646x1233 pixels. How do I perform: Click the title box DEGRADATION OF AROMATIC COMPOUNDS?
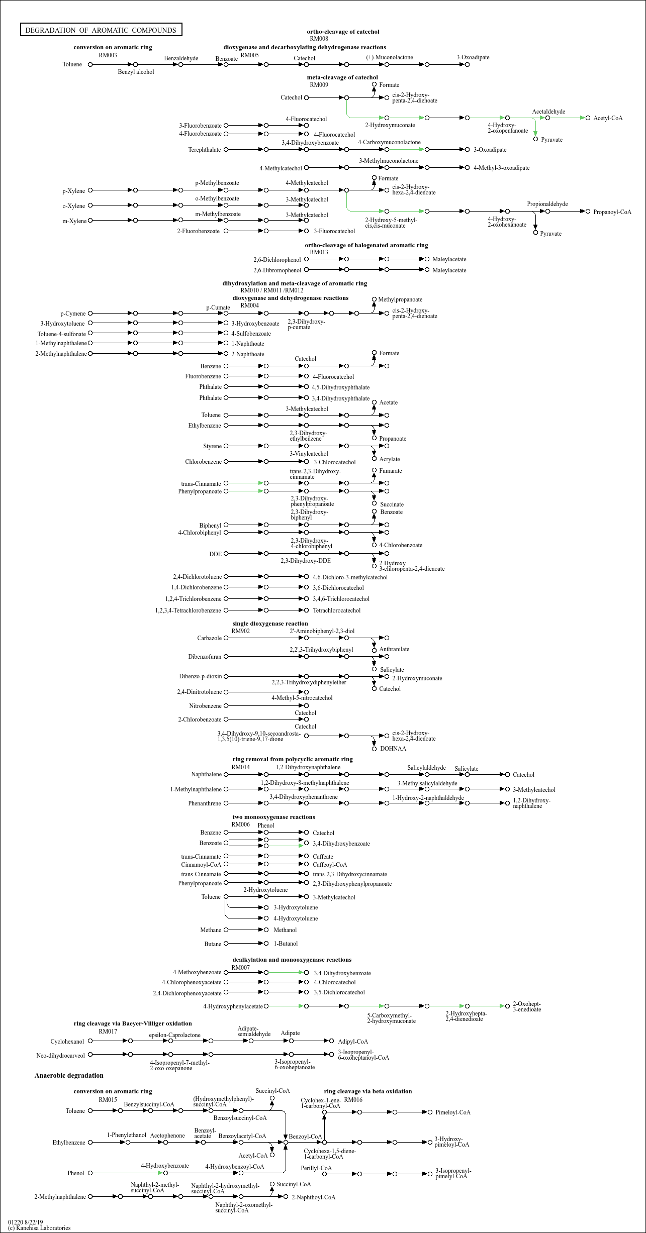101,30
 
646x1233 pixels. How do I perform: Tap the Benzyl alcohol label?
136,72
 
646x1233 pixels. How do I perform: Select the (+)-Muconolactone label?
389,57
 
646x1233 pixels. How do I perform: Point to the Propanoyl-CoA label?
612,212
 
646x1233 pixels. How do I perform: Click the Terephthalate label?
205,150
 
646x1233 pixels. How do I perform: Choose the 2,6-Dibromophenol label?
277,270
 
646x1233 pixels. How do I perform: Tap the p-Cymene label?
73,314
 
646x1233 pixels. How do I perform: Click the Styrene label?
212,446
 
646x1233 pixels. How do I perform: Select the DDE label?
215,554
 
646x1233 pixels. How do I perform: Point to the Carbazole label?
209,638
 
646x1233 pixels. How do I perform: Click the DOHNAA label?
393,749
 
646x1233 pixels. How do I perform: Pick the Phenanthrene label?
204,803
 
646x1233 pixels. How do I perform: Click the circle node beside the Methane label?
226,930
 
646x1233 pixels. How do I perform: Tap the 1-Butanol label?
286,944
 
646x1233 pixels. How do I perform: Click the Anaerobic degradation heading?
69,1075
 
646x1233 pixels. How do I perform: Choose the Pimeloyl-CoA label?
453,1112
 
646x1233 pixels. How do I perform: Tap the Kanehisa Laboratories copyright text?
39,1228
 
